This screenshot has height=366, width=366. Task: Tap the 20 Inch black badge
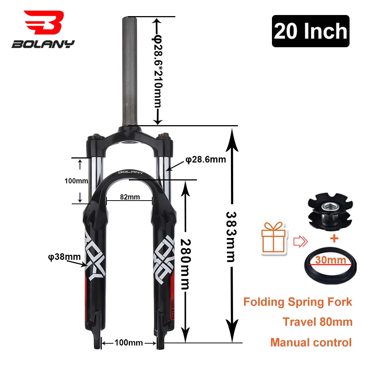tap(310, 31)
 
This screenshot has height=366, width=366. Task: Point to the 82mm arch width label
tap(130, 197)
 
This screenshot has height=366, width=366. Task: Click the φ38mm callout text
tap(64, 257)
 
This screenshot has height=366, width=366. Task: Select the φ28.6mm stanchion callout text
tap(205, 160)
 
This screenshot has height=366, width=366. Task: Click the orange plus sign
tap(334, 238)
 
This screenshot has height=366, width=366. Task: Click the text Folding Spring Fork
tap(298, 302)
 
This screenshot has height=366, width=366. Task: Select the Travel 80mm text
tap(317, 322)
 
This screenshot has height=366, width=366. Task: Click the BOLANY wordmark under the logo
tap(43, 44)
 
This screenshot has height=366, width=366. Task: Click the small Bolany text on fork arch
tap(130, 172)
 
